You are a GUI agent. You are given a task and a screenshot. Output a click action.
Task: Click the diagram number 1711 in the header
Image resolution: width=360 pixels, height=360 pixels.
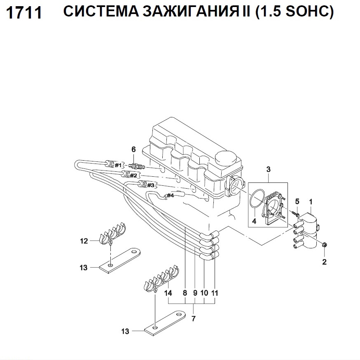point(24,13)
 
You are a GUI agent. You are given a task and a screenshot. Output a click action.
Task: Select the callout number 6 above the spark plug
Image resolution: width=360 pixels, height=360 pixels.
point(133,150)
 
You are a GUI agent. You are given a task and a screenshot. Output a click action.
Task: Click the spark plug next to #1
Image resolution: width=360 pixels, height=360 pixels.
point(136,166)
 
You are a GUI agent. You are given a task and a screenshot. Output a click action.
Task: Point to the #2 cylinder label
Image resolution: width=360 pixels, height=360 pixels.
point(133,175)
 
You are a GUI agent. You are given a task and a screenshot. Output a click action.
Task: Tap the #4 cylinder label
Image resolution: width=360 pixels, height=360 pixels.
point(170,196)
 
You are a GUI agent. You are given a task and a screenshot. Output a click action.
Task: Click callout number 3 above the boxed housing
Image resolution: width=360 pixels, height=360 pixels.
point(268,169)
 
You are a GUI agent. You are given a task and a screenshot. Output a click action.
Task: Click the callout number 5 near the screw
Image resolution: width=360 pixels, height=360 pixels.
point(297,201)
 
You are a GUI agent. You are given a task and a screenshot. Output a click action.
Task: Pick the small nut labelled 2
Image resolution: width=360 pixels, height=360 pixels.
point(325,245)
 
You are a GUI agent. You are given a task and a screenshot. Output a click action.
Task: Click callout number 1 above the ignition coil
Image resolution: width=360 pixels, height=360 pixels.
point(311,202)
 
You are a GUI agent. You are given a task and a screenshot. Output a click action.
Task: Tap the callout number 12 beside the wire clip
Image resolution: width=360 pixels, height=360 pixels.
point(84,241)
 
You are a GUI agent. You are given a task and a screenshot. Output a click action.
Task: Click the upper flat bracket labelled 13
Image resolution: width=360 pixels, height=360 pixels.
point(119,260)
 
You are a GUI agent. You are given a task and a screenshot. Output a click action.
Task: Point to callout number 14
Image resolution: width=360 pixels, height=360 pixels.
point(168,293)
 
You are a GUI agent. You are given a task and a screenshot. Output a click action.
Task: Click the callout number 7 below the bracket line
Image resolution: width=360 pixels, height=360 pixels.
point(194,318)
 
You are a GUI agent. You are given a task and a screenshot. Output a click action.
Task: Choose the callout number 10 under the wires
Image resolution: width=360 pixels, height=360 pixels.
point(204,293)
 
